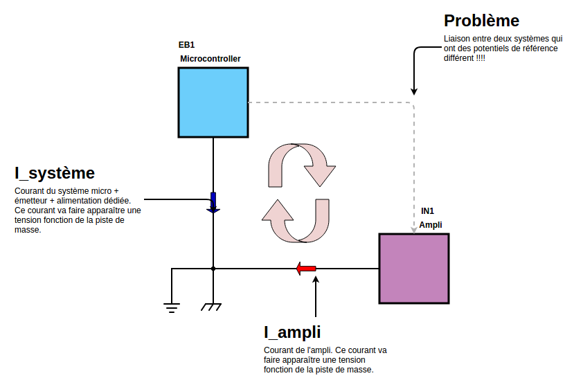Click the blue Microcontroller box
(x=213, y=102)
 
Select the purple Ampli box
(x=413, y=268)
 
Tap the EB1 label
(x=187, y=46)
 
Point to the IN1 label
(x=428, y=210)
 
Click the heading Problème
(x=481, y=21)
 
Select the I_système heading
(x=55, y=172)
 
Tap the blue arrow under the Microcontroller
(x=213, y=202)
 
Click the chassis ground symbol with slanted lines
(x=211, y=307)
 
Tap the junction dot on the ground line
(x=213, y=269)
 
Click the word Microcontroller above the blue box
(x=210, y=59)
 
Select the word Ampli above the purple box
(x=431, y=225)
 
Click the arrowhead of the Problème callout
(x=414, y=91)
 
